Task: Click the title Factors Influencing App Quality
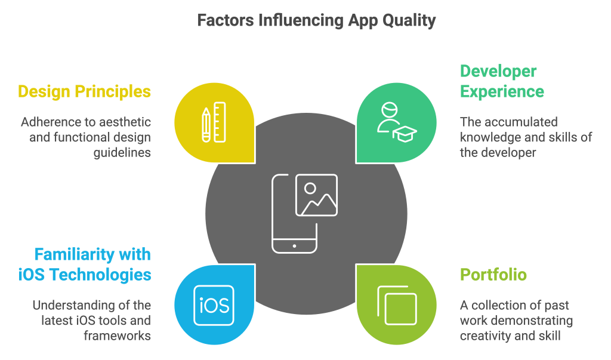(x=316, y=21)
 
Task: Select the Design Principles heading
(x=84, y=92)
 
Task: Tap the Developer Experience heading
(x=502, y=82)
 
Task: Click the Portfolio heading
(x=493, y=275)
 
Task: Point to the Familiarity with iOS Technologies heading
(x=85, y=264)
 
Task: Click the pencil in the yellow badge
(x=206, y=125)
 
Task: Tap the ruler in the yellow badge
(x=220, y=122)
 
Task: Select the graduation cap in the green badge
(x=405, y=134)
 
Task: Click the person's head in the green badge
(x=389, y=110)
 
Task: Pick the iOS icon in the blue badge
(x=214, y=306)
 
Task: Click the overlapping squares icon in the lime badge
(x=397, y=306)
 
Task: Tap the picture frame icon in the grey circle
(x=316, y=195)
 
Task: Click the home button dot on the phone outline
(x=294, y=246)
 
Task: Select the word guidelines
(x=122, y=153)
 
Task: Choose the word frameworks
(x=118, y=336)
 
